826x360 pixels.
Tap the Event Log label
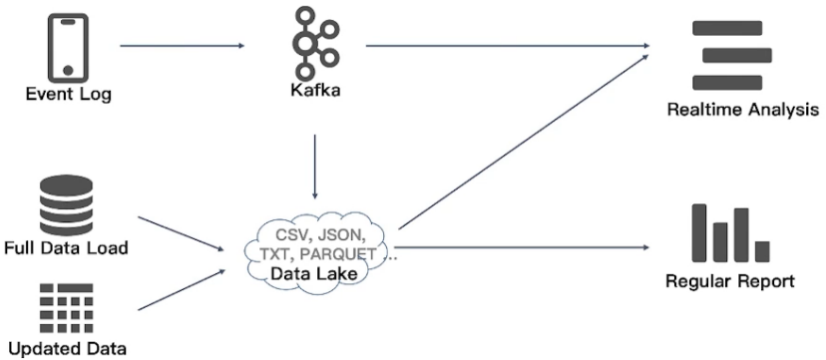(x=68, y=95)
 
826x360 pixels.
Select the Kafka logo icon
(x=314, y=43)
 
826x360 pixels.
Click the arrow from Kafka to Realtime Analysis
(x=509, y=45)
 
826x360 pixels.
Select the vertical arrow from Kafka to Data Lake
(x=315, y=165)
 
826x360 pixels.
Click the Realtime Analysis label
(x=742, y=110)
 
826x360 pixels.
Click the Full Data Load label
(x=67, y=247)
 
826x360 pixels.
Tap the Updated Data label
(x=67, y=349)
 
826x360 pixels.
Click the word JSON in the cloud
(x=337, y=235)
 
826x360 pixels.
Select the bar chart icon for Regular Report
(x=731, y=233)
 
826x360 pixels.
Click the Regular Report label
(x=731, y=281)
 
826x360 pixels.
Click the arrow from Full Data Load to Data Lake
(x=180, y=233)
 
